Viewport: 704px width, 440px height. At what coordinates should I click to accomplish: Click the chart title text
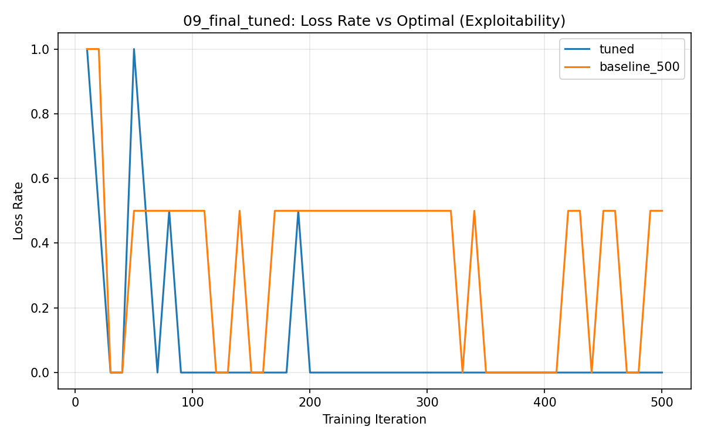pyautogui.click(x=374, y=21)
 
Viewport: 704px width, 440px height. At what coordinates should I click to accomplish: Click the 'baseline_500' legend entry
pyautogui.click(x=638, y=67)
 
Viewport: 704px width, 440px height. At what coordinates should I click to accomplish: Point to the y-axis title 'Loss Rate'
pyautogui.click(x=19, y=211)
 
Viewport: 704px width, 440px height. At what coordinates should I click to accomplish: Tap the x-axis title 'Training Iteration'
pyautogui.click(x=374, y=419)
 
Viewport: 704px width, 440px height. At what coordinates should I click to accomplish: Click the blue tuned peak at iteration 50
pyautogui.click(x=134, y=49)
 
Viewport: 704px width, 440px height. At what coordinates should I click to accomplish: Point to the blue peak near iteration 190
pyautogui.click(x=298, y=211)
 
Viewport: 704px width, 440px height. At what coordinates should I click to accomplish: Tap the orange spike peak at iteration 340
pyautogui.click(x=474, y=211)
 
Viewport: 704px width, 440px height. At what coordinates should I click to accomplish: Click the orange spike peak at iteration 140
pyautogui.click(x=239, y=211)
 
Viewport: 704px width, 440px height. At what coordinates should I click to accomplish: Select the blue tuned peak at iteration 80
pyautogui.click(x=169, y=211)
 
